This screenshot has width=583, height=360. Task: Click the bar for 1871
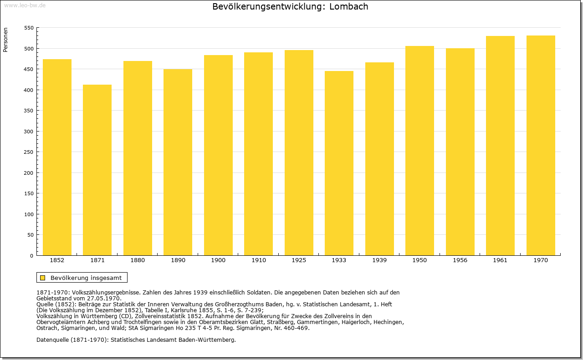(x=97, y=170)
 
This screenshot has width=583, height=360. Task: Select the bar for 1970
(x=541, y=145)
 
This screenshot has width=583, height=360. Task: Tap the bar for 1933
(x=339, y=163)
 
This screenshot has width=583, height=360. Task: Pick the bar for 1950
(x=420, y=151)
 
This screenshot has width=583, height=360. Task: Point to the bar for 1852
(x=57, y=157)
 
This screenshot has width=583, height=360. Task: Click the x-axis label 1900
(x=218, y=260)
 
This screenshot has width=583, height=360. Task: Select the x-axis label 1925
(x=299, y=260)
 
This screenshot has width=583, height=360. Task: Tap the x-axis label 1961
(x=500, y=260)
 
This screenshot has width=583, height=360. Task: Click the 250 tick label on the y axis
(x=29, y=152)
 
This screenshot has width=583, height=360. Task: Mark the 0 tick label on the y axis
(x=31, y=256)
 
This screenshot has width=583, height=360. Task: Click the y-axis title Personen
(x=5, y=40)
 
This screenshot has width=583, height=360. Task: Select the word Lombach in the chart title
(x=349, y=6)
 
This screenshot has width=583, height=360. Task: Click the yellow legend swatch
(x=43, y=278)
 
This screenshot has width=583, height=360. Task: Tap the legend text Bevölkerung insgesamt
(x=86, y=278)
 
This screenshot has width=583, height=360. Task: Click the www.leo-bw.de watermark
(x=25, y=5)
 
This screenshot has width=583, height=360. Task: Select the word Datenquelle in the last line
(x=52, y=340)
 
